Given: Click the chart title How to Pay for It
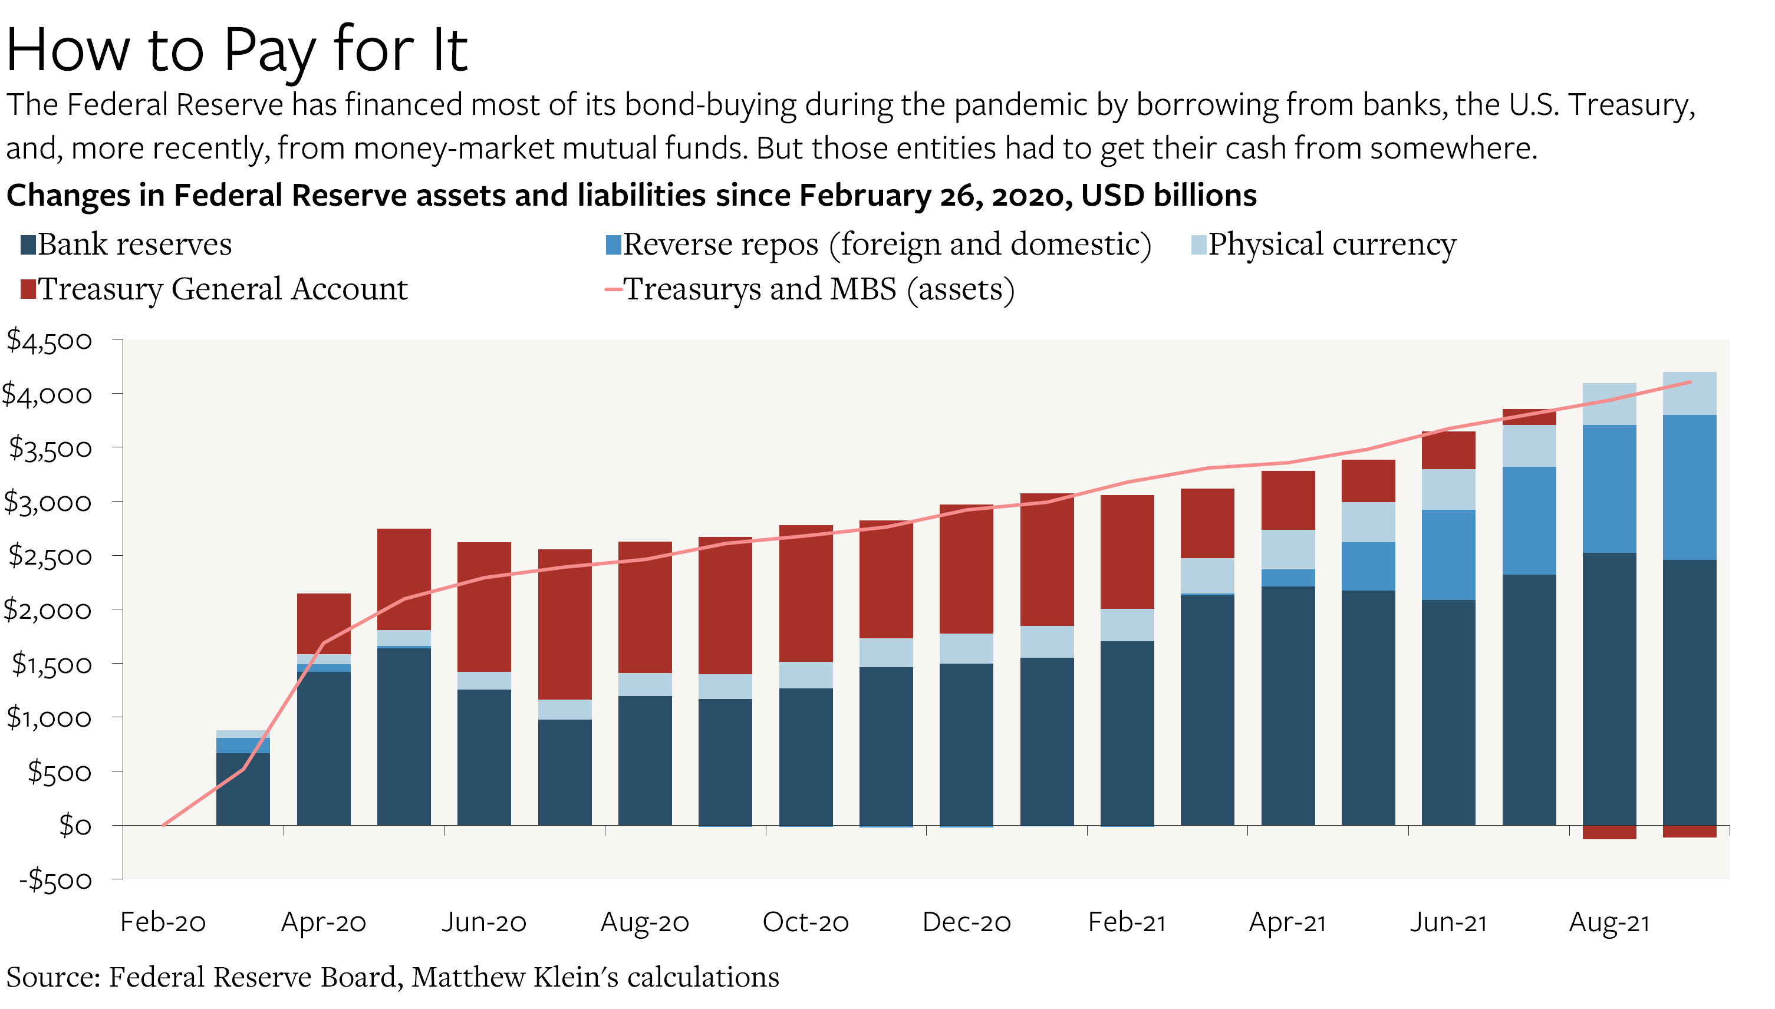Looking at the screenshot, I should [237, 50].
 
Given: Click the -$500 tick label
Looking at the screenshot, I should [55, 880].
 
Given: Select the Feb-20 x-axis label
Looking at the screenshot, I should [163, 922].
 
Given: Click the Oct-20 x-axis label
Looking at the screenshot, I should [805, 922].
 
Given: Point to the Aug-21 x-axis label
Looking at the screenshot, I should [1609, 922].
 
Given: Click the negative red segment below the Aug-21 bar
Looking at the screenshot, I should [1609, 832].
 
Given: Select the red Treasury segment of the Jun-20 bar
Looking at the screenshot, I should [484, 606].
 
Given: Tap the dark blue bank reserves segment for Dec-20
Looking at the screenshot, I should [966, 745].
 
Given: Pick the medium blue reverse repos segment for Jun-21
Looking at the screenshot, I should [1448, 555].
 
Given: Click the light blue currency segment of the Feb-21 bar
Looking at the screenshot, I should [1127, 625].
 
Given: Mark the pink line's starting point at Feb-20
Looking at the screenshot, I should [163, 825].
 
